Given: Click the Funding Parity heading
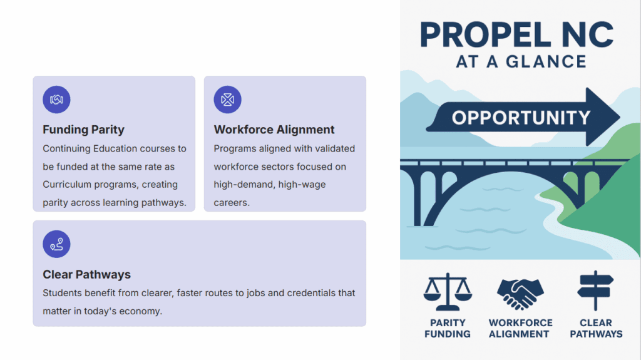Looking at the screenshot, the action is click(x=83, y=130).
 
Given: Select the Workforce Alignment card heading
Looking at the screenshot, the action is click(x=274, y=130).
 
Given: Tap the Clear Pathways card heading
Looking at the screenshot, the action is click(x=86, y=274).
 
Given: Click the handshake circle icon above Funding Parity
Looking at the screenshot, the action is click(x=56, y=100).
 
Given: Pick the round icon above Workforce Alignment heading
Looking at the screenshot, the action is click(x=227, y=100).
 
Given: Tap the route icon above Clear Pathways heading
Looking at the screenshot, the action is click(x=56, y=244).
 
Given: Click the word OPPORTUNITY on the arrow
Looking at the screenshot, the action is click(x=521, y=118).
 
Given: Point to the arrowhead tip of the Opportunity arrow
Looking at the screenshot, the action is click(x=620, y=117).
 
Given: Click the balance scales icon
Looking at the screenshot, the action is click(x=448, y=292).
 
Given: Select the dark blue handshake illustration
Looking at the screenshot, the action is click(x=520, y=293).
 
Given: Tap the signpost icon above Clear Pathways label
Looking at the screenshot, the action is click(x=596, y=291).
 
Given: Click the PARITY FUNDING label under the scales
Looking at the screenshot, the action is click(x=448, y=329).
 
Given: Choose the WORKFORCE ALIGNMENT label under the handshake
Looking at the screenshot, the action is click(x=520, y=329).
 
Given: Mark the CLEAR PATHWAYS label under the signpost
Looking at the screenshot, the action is click(x=596, y=329).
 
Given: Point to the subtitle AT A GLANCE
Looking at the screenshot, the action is click(x=521, y=62).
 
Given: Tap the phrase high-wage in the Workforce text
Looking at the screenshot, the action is click(x=302, y=185).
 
